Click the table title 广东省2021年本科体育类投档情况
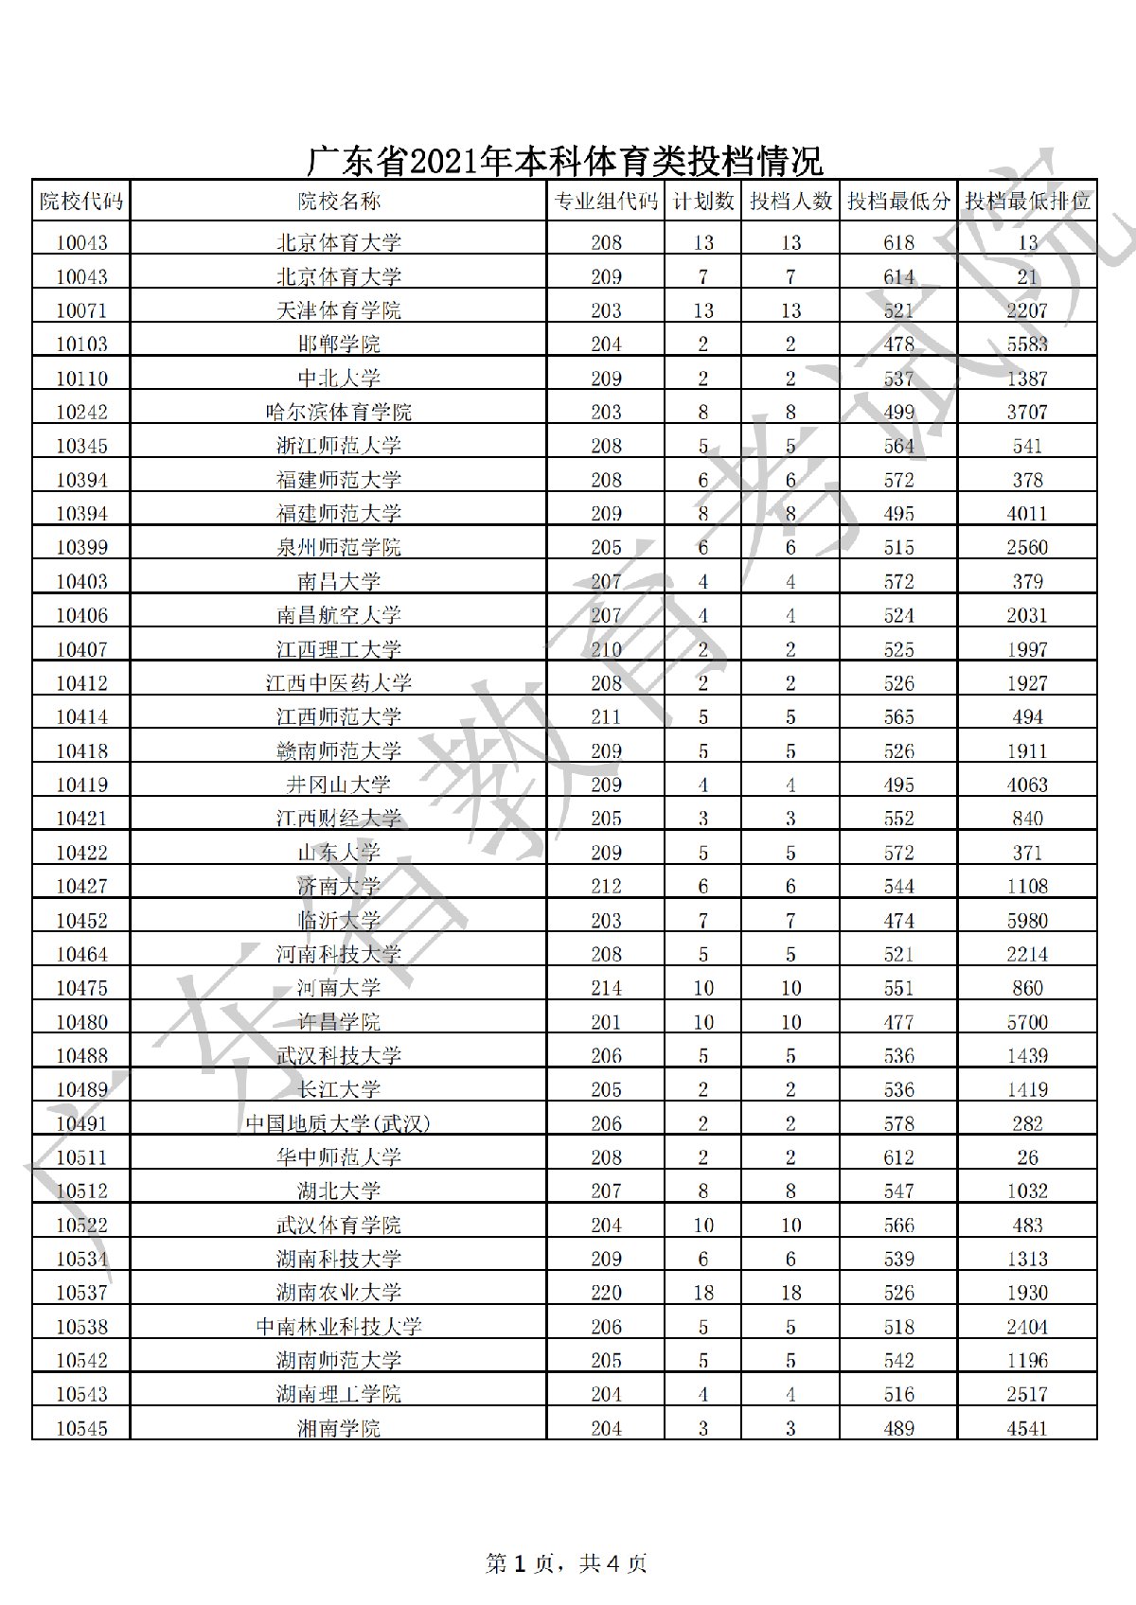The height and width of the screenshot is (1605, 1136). [565, 162]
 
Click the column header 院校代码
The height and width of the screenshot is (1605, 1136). [81, 202]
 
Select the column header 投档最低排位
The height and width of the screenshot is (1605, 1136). [1027, 202]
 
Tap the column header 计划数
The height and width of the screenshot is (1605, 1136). [702, 202]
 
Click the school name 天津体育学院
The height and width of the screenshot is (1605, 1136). [338, 310]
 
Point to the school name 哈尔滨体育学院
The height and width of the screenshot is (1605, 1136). [338, 413]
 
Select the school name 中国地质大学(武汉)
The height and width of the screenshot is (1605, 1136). [338, 1123]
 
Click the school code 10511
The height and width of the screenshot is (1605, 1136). [81, 1157]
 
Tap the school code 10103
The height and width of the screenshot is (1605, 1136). [81, 344]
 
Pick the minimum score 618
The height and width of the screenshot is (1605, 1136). [898, 243]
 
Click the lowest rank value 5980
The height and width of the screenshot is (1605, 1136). [1027, 921]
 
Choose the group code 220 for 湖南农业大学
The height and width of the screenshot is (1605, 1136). [606, 1293]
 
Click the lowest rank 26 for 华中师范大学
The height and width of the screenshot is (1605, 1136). [1027, 1157]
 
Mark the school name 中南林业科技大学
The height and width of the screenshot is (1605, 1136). [338, 1327]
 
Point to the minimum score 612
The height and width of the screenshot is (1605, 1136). [898, 1157]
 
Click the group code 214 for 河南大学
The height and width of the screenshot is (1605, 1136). [606, 988]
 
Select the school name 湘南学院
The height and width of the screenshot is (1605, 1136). [338, 1428]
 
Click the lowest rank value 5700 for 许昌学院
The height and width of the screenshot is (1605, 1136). [1027, 1022]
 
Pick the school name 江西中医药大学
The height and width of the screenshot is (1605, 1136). [338, 683]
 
